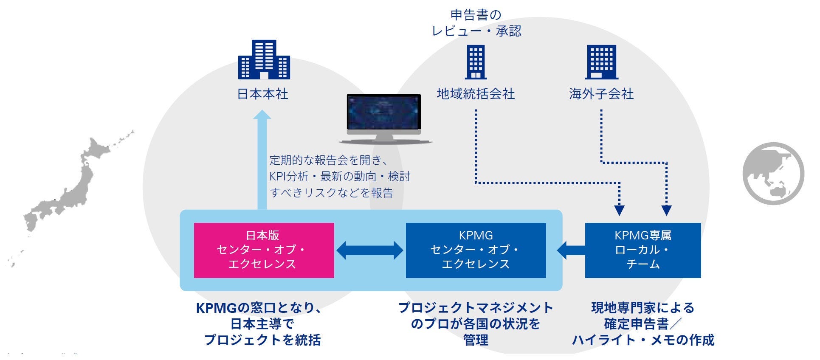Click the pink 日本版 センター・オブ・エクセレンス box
(264, 250)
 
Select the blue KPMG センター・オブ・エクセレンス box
(476, 250)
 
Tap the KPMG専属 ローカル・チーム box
(642, 250)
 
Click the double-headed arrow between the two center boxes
(369, 250)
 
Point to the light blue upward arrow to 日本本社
(262, 161)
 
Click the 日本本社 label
(262, 94)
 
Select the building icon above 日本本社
(264, 60)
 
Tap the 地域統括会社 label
(476, 94)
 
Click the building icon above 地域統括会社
(476, 62)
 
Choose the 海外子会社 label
(601, 94)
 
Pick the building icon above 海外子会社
(601, 62)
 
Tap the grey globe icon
(773, 173)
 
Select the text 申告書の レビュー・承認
(476, 23)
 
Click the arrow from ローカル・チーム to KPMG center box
(571, 250)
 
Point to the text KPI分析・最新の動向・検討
(339, 177)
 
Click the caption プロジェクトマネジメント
(476, 308)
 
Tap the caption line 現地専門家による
(642, 308)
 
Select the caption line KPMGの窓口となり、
(259, 308)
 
